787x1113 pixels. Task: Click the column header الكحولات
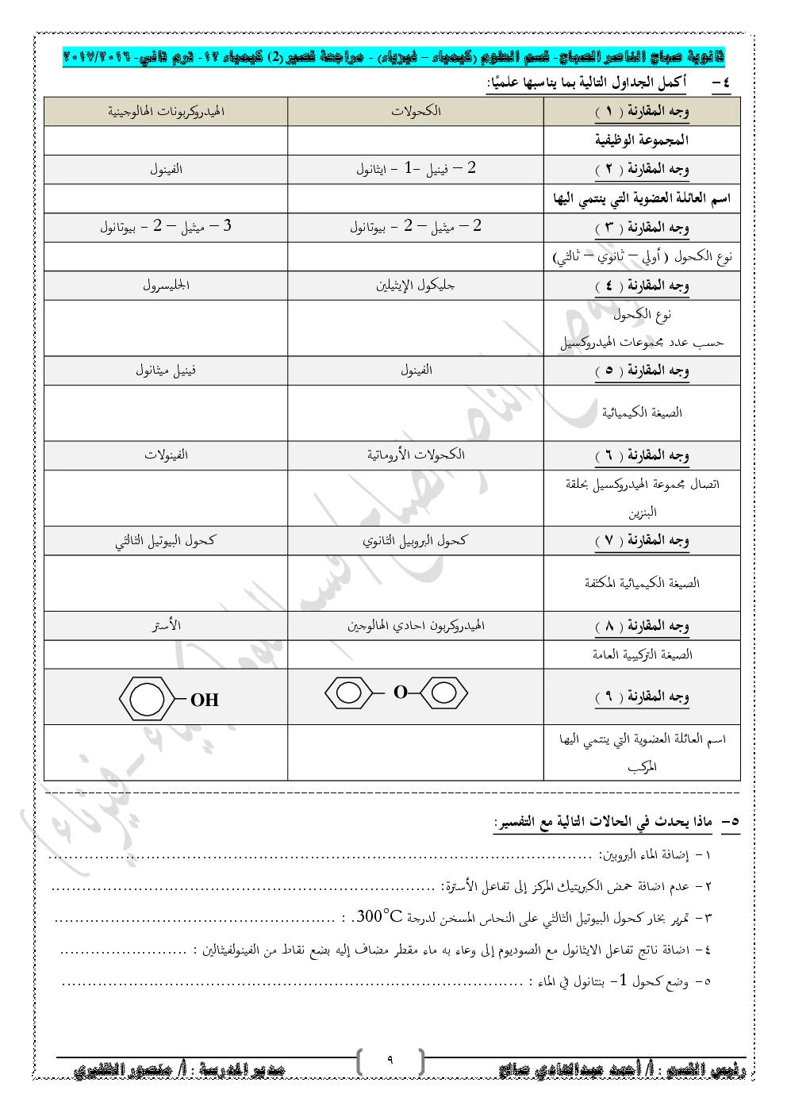click(x=416, y=111)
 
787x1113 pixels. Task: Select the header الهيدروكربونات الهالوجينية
click(x=166, y=111)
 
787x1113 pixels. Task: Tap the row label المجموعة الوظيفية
click(x=642, y=140)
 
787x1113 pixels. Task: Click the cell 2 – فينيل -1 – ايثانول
click(x=416, y=169)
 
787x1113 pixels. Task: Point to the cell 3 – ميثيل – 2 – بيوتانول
click(x=166, y=227)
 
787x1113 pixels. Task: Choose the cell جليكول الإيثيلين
click(x=416, y=285)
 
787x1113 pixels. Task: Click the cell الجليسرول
click(x=166, y=285)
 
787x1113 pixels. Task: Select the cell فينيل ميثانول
click(x=166, y=370)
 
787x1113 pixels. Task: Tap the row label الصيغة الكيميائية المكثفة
click(x=642, y=583)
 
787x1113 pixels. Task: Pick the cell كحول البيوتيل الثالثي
click(x=166, y=540)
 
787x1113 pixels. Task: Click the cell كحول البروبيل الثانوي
click(x=416, y=540)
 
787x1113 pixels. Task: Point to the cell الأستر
click(x=166, y=626)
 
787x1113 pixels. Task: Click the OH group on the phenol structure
click(x=204, y=700)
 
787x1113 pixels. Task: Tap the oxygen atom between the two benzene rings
click(x=400, y=693)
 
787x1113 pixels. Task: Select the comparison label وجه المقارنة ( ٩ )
click(x=642, y=697)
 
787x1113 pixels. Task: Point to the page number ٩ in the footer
click(x=390, y=1058)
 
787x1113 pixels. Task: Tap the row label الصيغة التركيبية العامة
click(x=642, y=654)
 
